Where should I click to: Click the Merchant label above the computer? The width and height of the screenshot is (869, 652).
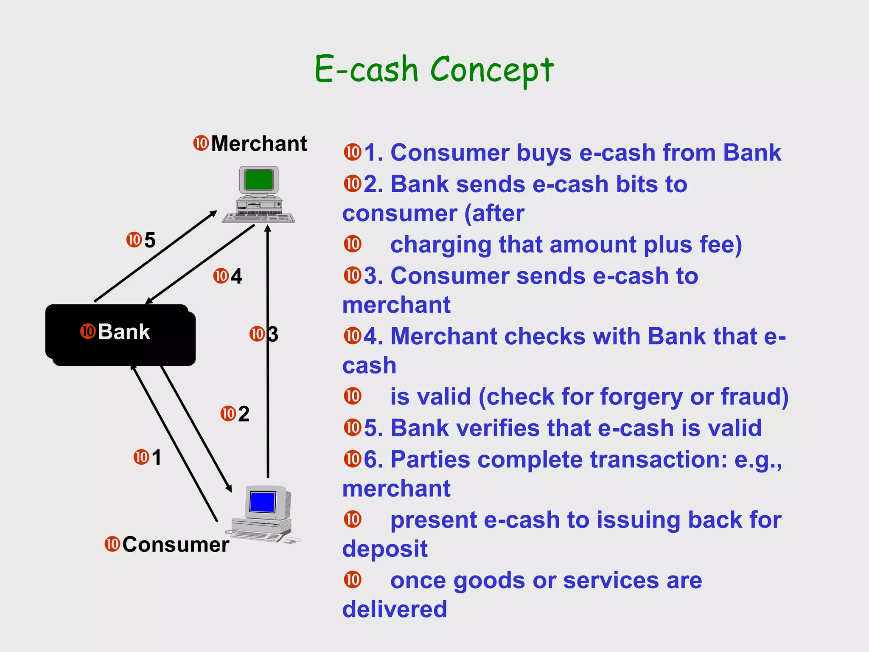(259, 143)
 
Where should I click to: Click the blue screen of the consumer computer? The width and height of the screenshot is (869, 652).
(262, 502)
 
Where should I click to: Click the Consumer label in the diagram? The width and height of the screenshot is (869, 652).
(176, 545)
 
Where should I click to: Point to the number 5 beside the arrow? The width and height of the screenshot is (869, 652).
(150, 240)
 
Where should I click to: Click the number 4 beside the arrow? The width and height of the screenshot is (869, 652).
(236, 276)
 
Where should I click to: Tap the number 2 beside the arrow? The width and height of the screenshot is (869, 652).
(244, 414)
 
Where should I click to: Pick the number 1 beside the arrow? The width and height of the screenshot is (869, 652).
(157, 458)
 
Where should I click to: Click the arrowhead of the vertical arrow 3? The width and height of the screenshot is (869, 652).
(268, 229)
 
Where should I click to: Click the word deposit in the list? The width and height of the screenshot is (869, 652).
(385, 549)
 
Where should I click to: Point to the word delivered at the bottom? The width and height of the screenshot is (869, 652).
(395, 609)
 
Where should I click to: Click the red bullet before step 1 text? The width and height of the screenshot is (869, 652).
(353, 152)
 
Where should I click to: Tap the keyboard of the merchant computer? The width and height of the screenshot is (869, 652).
(258, 218)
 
